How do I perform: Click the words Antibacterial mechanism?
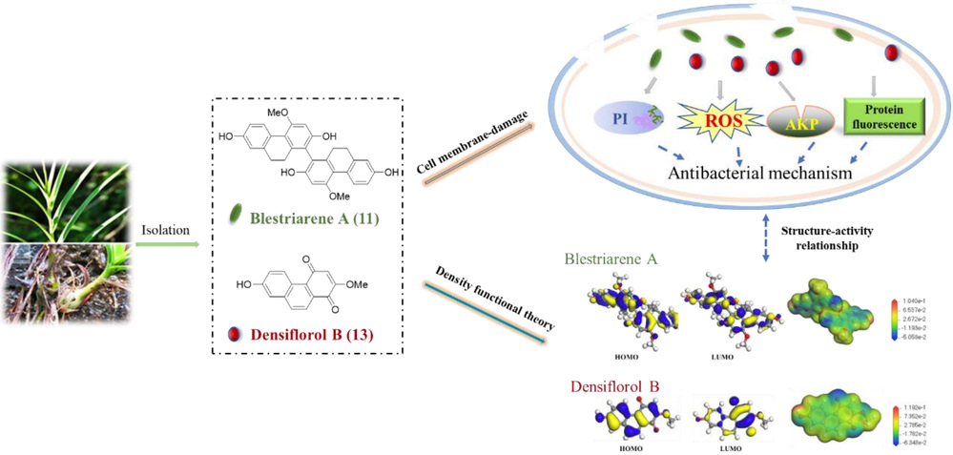[x=748, y=173]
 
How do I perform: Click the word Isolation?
[x=163, y=230]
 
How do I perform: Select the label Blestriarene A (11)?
[x=316, y=220]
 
